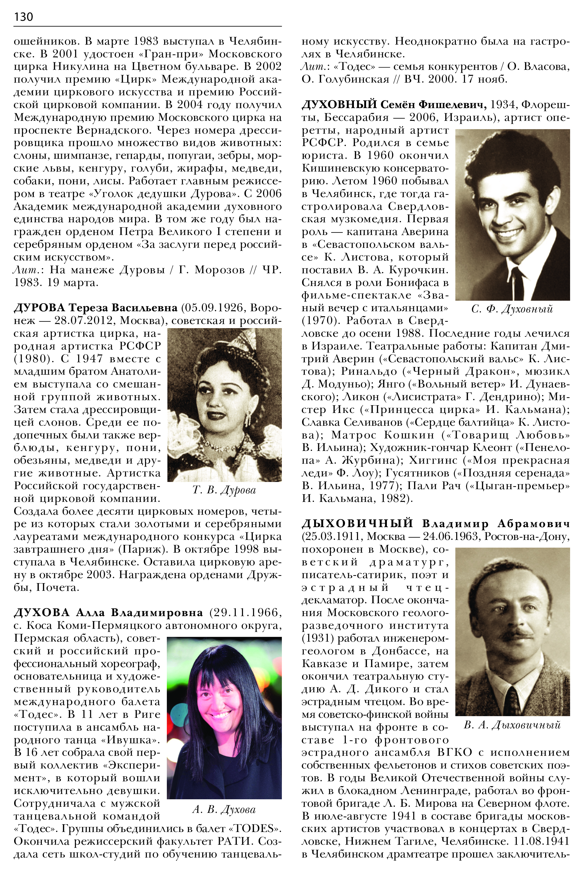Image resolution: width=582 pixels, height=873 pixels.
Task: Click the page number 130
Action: (23, 17)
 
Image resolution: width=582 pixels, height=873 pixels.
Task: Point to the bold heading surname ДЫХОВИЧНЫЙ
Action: (357, 524)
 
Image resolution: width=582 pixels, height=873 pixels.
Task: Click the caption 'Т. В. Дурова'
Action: (224, 490)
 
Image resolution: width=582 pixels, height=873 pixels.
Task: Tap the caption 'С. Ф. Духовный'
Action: (512, 309)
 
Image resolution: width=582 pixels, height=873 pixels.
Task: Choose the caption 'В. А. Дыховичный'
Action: (512, 725)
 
